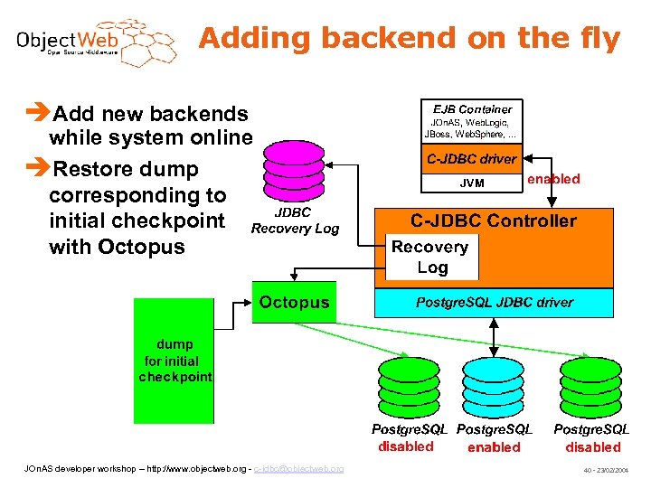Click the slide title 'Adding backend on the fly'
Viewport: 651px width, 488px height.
[x=410, y=39]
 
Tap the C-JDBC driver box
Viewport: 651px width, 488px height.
[x=471, y=159]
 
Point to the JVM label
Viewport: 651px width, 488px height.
[x=472, y=183]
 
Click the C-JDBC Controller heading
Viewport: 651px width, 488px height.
[x=493, y=221]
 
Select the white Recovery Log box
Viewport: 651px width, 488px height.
[x=430, y=257]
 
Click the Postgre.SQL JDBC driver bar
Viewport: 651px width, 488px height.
[x=494, y=303]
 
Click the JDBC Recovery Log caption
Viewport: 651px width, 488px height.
[x=294, y=221]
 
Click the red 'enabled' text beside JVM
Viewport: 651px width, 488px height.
[x=553, y=179]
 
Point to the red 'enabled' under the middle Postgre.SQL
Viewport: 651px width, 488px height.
[x=494, y=447]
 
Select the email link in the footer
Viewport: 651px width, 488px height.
[x=298, y=469]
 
